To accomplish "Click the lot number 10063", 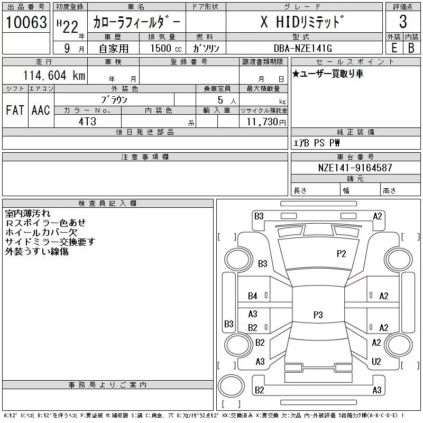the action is (26, 22).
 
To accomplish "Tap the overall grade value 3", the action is (403, 22).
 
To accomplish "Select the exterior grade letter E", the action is (394, 48).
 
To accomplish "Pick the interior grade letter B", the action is (411, 48).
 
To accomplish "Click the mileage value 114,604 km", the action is (54, 75).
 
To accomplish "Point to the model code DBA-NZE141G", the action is (303, 48).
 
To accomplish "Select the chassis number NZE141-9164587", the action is (355, 168).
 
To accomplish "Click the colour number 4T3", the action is (87, 122).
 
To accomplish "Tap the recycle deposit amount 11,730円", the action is (266, 122).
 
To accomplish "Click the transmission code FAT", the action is (15, 110).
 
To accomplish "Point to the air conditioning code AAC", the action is (41, 110).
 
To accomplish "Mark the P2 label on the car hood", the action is (341, 254).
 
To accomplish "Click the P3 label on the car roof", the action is (318, 315).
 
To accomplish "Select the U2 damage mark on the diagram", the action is (376, 362).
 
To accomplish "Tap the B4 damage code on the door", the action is (253, 296).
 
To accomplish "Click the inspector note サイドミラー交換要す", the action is (50, 242).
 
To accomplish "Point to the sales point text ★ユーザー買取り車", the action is (328, 73).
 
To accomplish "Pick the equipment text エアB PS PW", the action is (316, 143).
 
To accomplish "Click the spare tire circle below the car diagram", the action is (231, 386).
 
